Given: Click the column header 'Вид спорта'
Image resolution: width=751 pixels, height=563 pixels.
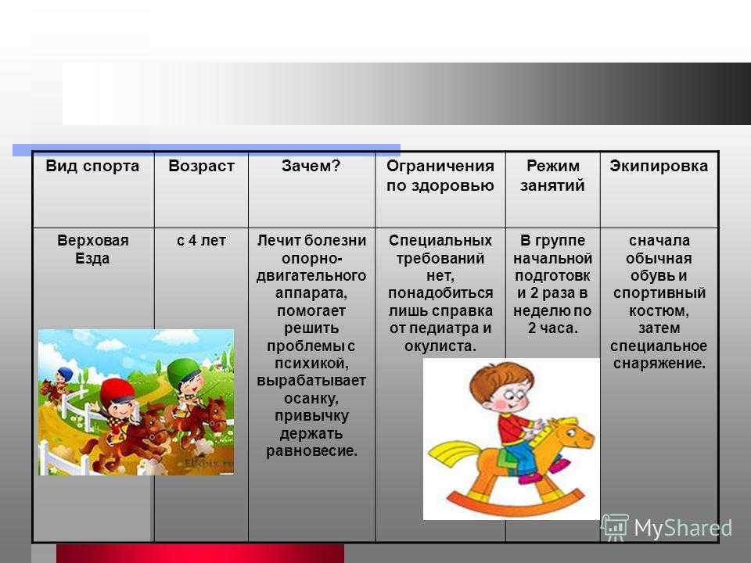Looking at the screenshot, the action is click(x=92, y=166).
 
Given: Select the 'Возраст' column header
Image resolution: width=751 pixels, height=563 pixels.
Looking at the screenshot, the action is click(x=201, y=166).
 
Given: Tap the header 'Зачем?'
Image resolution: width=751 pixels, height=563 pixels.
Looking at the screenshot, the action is click(x=311, y=166).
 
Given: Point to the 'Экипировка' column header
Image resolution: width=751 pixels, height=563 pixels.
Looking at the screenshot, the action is click(x=659, y=166).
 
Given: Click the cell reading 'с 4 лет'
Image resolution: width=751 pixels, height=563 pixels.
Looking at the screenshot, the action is click(x=201, y=240).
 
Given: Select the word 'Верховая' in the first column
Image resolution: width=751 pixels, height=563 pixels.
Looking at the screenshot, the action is click(x=93, y=240).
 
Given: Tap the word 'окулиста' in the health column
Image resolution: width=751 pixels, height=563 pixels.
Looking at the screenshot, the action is click(x=439, y=346).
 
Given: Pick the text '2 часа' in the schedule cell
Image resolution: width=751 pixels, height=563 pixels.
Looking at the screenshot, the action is click(x=552, y=328).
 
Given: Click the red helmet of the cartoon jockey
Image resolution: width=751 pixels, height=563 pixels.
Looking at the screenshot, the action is click(x=117, y=391).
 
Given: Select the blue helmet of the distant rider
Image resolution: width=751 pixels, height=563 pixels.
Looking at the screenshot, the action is click(x=63, y=374).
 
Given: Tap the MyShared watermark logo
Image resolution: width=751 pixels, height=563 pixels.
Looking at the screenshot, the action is click(x=667, y=528).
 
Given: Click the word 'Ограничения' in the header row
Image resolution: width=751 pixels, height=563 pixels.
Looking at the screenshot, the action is click(x=440, y=166).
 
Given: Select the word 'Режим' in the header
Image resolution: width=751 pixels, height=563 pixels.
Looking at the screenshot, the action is click(x=553, y=166).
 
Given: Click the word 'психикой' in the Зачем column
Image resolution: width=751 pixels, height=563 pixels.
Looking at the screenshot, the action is click(x=311, y=364).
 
